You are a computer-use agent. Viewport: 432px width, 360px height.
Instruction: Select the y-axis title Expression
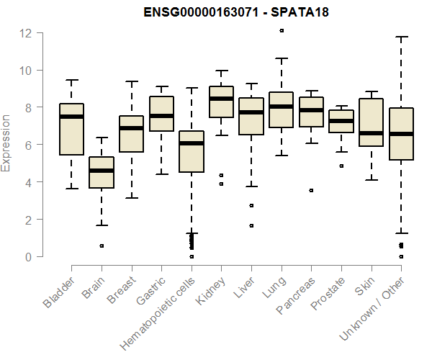6,143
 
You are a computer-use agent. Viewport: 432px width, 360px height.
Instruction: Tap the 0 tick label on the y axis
28,256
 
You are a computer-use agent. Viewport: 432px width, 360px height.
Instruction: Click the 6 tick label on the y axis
28,145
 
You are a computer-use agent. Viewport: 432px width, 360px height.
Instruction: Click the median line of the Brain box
102,171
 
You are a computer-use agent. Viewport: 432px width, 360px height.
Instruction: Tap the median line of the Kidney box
221,99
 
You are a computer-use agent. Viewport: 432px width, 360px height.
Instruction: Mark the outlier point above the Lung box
282,30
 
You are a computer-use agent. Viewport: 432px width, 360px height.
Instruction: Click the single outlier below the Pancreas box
311,191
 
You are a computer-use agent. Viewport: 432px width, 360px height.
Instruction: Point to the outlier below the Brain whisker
102,246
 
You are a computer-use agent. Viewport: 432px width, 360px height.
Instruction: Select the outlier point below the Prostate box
341,166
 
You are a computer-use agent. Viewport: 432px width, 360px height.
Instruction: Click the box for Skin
371,115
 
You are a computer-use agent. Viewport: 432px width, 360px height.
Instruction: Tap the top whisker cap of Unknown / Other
401,37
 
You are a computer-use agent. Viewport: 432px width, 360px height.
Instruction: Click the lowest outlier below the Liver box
251,225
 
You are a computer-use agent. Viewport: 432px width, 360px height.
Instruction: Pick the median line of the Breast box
132,128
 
